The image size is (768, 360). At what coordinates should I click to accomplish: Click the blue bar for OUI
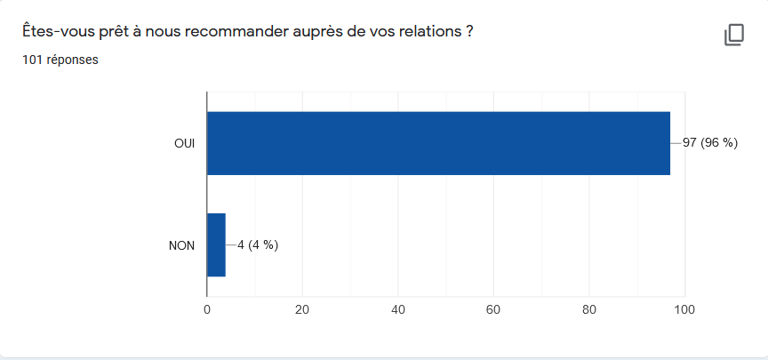tap(438, 143)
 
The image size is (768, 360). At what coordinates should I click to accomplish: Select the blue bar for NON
tap(216, 245)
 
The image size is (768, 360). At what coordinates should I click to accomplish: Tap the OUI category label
tap(185, 143)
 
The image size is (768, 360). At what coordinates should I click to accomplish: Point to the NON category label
tap(182, 245)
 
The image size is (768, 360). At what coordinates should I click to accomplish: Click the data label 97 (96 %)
tap(710, 143)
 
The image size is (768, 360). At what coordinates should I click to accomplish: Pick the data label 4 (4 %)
tap(258, 245)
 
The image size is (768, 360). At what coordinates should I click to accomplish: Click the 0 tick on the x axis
tap(207, 310)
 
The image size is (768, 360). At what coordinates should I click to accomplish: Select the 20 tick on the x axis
tap(302, 310)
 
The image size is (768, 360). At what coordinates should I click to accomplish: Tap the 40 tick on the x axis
tap(398, 310)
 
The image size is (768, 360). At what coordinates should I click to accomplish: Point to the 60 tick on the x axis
tap(493, 310)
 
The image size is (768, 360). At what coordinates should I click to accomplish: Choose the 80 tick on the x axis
tap(588, 310)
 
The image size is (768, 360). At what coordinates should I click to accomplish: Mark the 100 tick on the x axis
tap(684, 310)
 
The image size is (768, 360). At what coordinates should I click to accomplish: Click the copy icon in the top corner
tap(733, 35)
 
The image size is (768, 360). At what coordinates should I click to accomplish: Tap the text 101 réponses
tap(60, 60)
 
